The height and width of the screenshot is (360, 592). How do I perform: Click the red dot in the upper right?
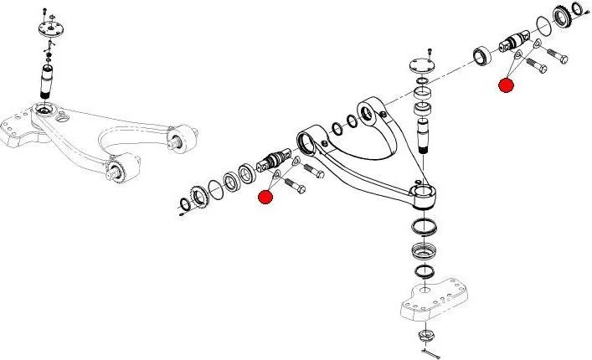click(x=506, y=85)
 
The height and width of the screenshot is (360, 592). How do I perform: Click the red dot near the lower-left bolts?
click(x=266, y=197)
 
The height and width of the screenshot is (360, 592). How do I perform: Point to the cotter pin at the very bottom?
click(x=430, y=353)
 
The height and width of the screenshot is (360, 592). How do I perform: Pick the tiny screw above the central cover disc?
click(x=430, y=51)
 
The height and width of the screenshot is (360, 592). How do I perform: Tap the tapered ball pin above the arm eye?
click(x=424, y=130)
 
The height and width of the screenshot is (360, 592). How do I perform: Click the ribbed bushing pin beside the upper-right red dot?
click(x=513, y=41)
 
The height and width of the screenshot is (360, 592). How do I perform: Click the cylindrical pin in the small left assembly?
click(x=49, y=82)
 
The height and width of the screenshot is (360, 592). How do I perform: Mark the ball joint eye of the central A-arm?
click(x=425, y=198)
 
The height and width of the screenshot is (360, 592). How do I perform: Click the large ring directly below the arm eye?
click(x=425, y=226)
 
